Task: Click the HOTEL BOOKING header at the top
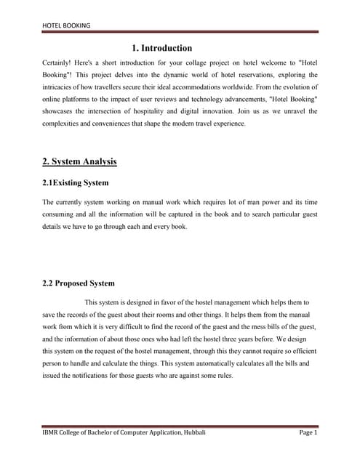pyautogui.click(x=67, y=25)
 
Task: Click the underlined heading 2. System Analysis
pyautogui.click(x=79, y=161)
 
